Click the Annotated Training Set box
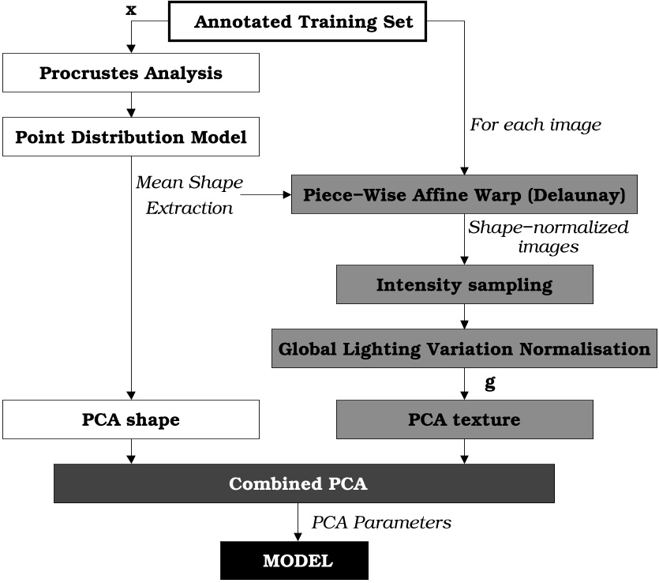coord(303,21)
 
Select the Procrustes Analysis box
coord(131,74)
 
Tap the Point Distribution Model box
coord(131,137)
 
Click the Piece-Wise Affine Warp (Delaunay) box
coord(465,194)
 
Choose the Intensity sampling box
coord(464,284)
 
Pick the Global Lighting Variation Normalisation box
coord(464,348)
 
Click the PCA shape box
coord(131,419)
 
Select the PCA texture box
coord(464,419)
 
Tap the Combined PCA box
coord(304,483)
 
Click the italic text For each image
coord(535,125)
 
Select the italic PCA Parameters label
coord(380,523)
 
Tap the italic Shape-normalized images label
coord(548,237)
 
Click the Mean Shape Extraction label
coord(189,195)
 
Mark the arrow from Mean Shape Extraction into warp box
coord(268,194)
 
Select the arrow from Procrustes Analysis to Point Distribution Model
coord(131,106)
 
